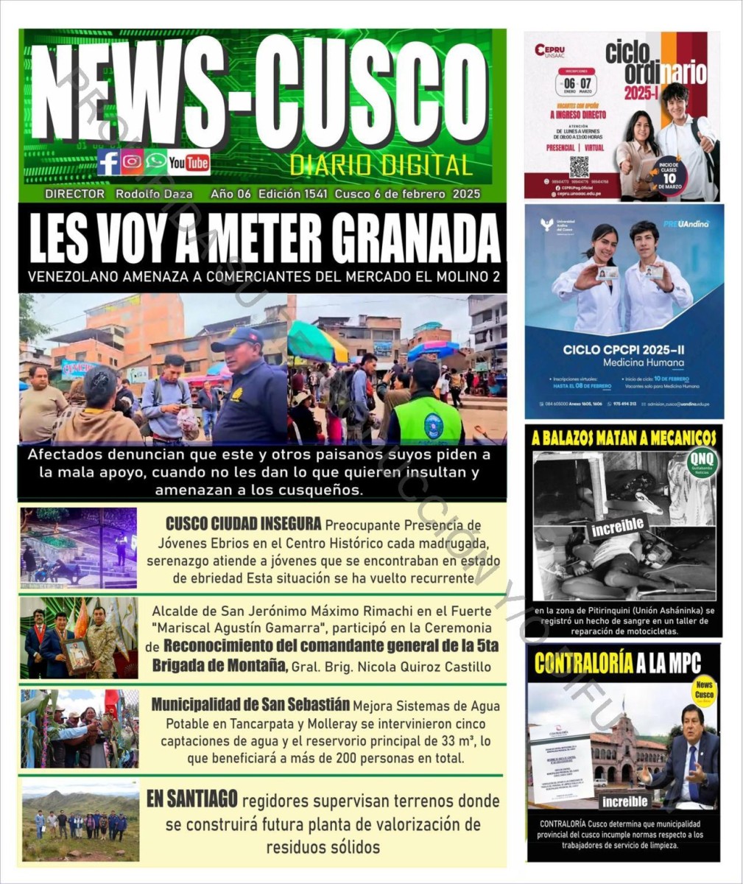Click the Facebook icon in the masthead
pyautogui.click(x=109, y=162)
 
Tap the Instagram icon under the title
pyautogui.click(x=133, y=162)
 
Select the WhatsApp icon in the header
pyautogui.click(x=155, y=162)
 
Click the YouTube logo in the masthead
pyautogui.click(x=189, y=162)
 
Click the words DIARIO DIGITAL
pyautogui.click(x=381, y=165)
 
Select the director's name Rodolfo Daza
pyautogui.click(x=154, y=194)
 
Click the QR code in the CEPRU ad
pyautogui.click(x=579, y=166)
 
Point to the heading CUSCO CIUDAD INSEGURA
pyautogui.click(x=243, y=524)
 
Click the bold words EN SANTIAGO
pyautogui.click(x=191, y=799)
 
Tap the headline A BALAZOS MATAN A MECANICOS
pyautogui.click(x=624, y=438)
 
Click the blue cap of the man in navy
pyautogui.click(x=238, y=337)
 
